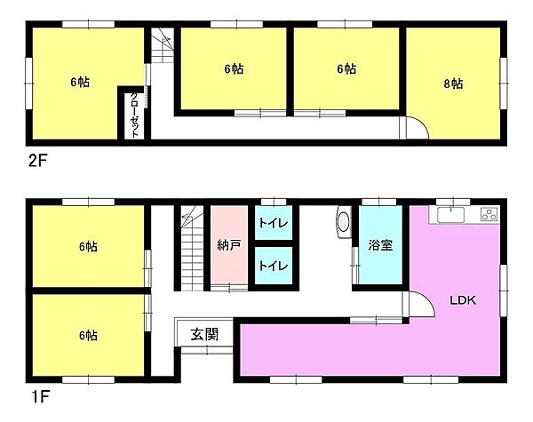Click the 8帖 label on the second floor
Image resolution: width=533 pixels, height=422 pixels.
[452, 84]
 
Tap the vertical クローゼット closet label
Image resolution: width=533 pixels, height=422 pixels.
[133, 114]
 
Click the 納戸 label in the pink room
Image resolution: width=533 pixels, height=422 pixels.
[228, 244]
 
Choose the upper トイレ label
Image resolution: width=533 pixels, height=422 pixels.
[272, 224]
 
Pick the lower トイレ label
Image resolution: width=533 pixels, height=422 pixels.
[272, 264]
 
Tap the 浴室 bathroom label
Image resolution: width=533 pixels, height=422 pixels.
[381, 244]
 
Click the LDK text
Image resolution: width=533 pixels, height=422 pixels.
[462, 300]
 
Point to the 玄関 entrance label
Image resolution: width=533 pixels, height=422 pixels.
[204, 335]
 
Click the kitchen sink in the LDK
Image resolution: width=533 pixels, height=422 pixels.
[451, 214]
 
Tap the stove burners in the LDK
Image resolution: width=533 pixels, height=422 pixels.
[489, 214]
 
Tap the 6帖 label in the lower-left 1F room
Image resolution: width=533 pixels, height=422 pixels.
[87, 336]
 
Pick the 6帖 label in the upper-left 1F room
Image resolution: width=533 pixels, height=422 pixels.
[87, 246]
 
